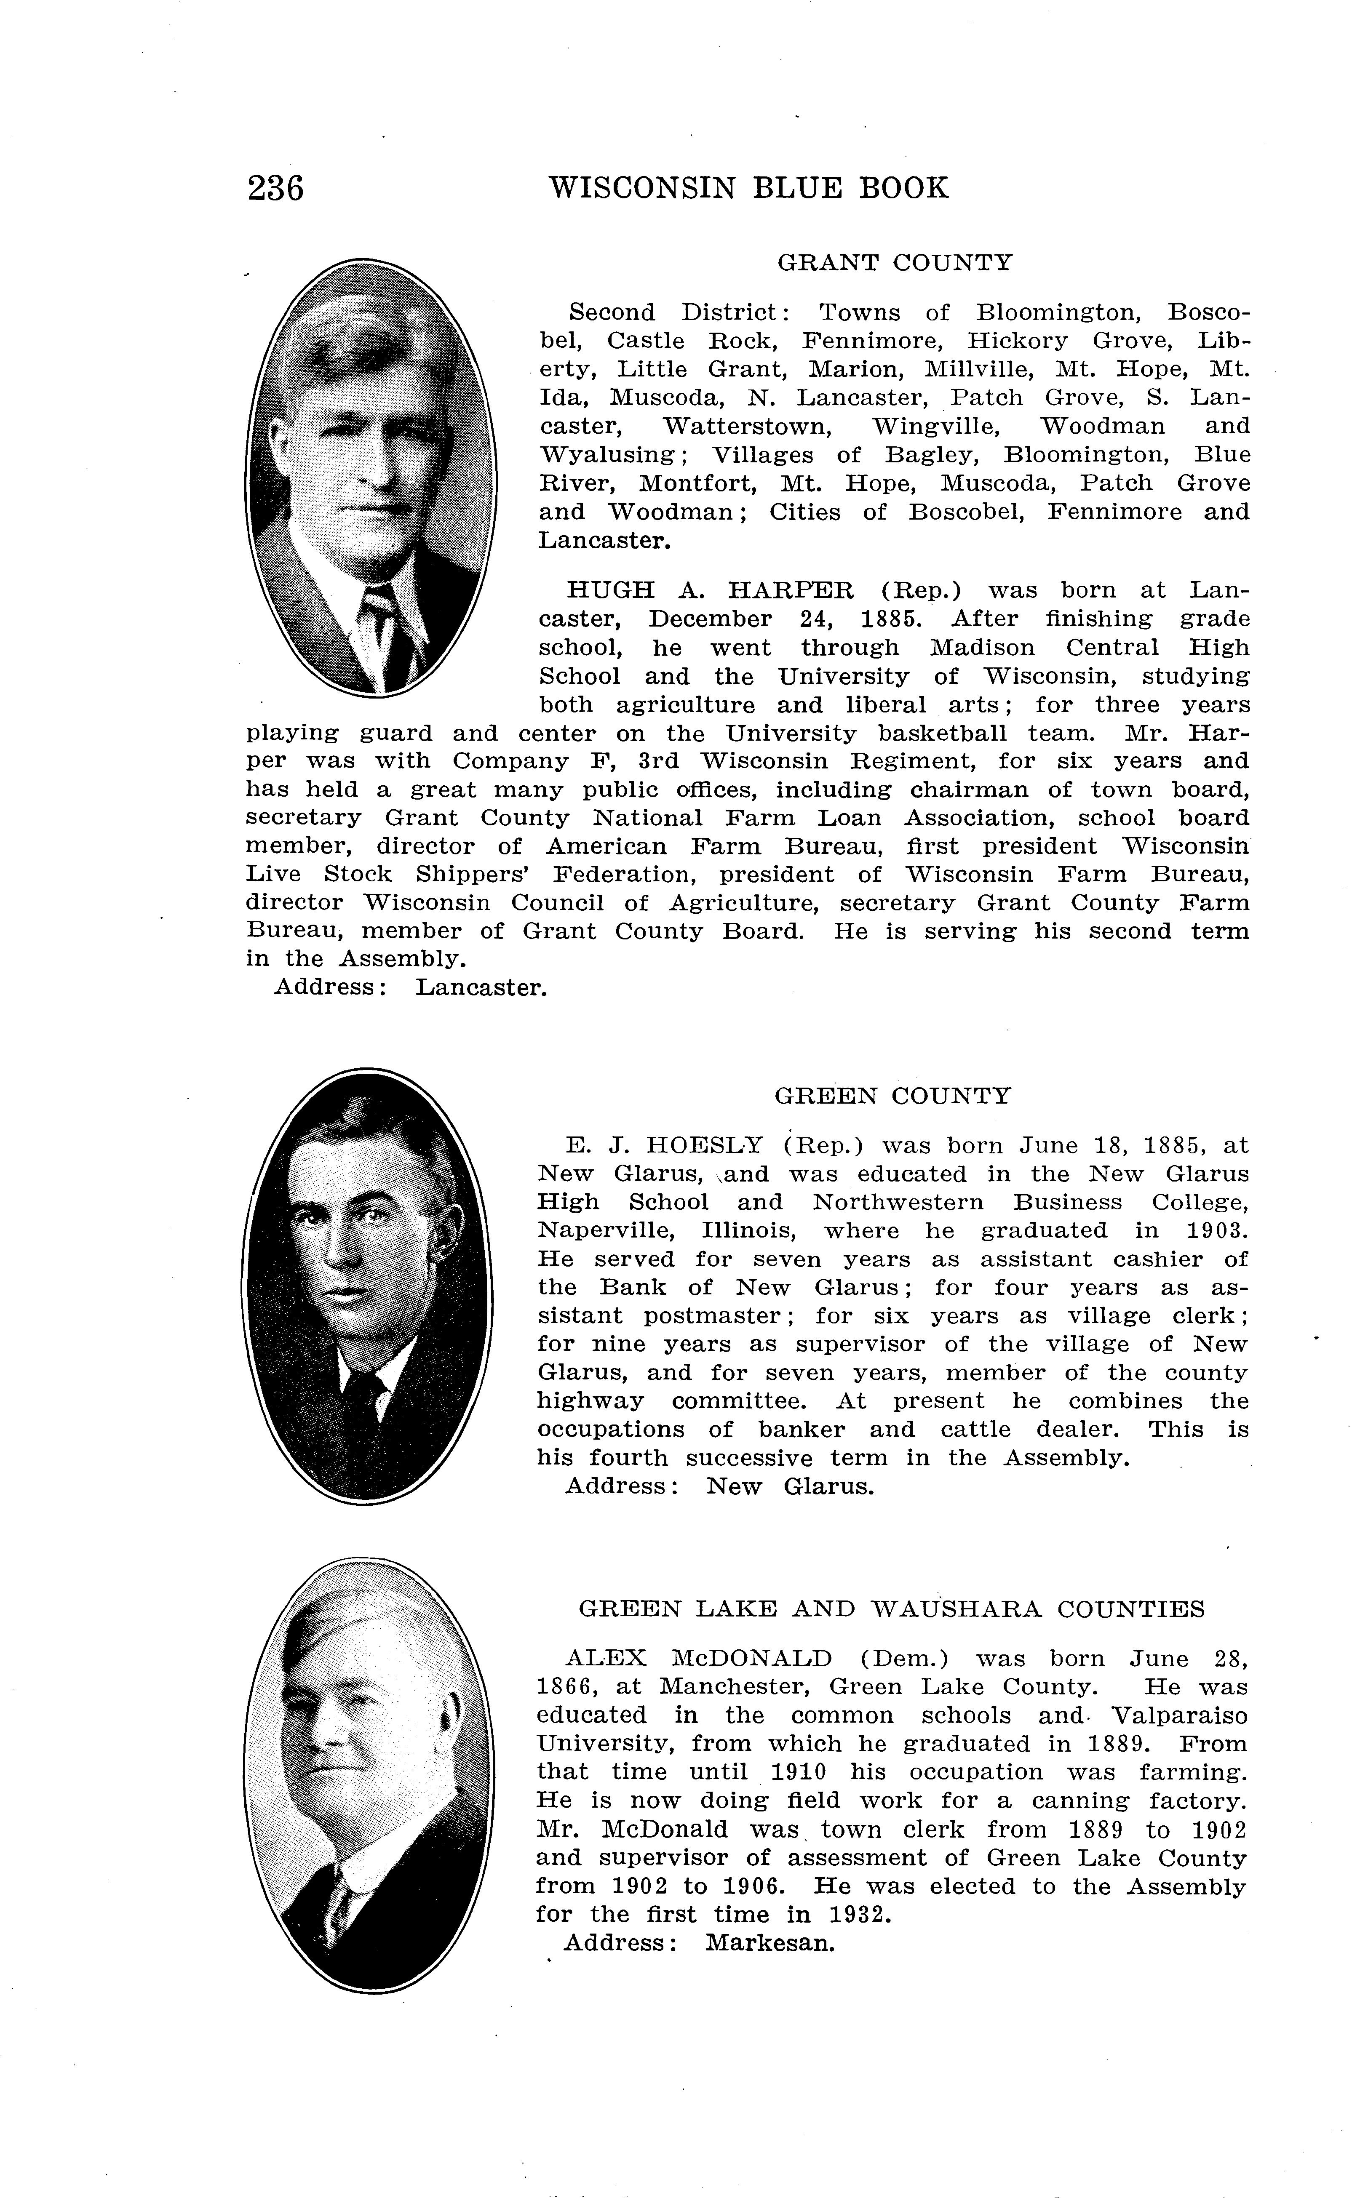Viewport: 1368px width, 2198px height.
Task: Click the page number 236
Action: pos(276,188)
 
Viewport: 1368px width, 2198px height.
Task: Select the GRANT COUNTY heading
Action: pos(895,263)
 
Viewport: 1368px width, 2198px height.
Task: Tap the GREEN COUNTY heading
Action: pos(892,1096)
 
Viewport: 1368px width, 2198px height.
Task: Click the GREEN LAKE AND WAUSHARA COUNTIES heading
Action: pos(891,1609)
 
